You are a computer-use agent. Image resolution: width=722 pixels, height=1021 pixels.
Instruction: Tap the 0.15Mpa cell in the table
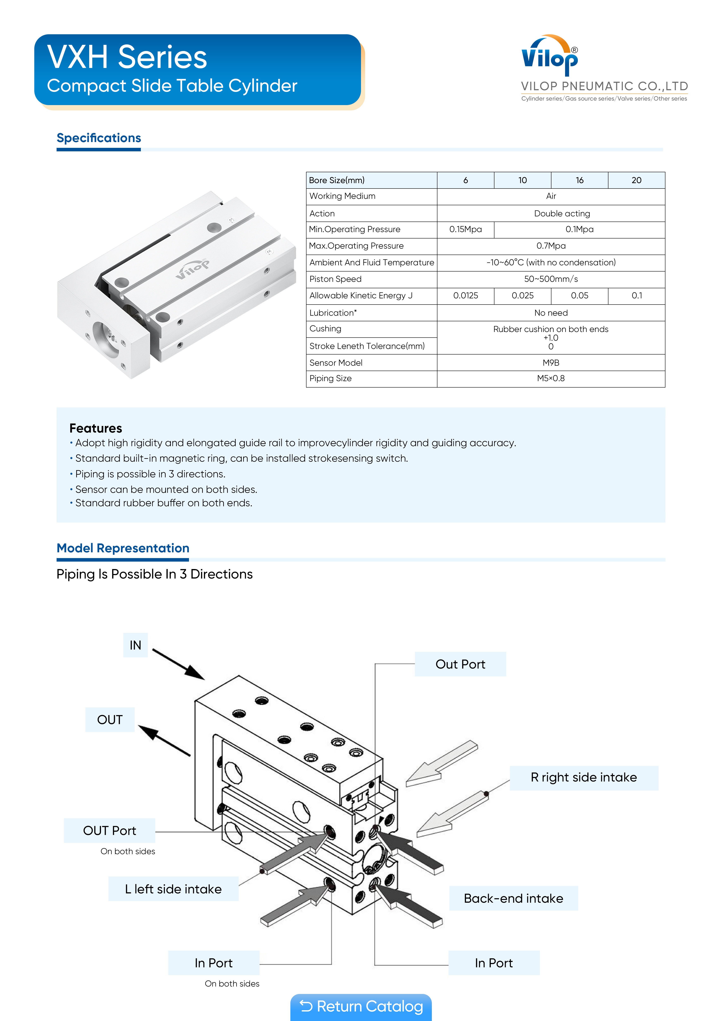(x=465, y=229)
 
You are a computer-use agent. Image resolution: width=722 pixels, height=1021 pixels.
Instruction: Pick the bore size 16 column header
(x=579, y=180)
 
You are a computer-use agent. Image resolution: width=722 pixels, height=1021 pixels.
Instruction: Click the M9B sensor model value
(x=551, y=363)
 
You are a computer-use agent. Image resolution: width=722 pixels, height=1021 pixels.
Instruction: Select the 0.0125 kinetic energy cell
(x=465, y=296)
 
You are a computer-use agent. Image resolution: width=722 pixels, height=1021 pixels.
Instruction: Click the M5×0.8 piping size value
(x=551, y=378)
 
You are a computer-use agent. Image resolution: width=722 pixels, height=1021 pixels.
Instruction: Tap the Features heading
(x=96, y=428)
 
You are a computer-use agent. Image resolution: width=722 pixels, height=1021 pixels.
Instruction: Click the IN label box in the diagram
(x=135, y=645)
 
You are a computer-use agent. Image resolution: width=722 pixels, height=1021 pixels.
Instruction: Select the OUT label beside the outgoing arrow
(x=110, y=720)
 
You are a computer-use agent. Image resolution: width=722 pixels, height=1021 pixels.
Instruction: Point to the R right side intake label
(x=584, y=777)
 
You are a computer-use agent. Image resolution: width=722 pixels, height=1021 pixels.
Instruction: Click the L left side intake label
(x=173, y=889)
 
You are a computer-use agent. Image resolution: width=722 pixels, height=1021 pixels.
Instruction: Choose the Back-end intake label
(x=513, y=898)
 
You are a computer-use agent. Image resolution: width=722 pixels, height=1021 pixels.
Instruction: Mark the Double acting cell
(x=562, y=213)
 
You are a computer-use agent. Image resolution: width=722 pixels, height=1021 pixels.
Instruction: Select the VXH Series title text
(x=127, y=57)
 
